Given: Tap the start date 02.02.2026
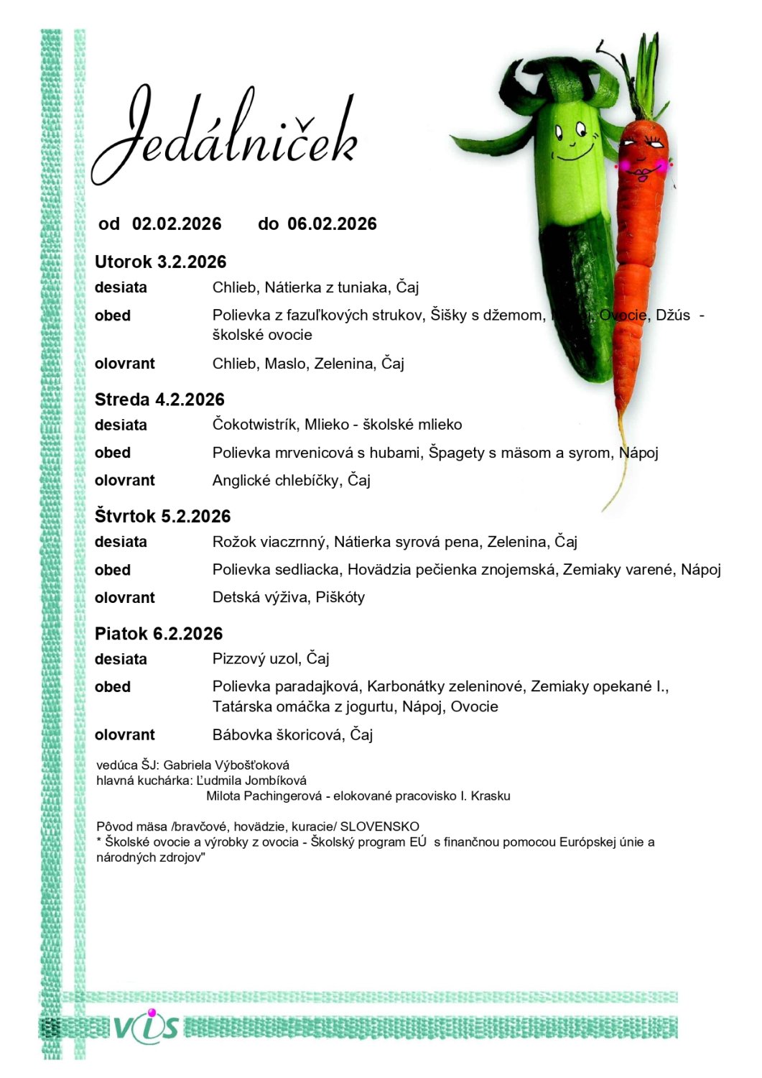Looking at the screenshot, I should point(177,224).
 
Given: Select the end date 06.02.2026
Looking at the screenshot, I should point(332,224).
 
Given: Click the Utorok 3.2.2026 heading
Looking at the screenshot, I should point(160,262).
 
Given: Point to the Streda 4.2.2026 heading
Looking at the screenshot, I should point(159,400).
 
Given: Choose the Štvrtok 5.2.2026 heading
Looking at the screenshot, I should point(162,516).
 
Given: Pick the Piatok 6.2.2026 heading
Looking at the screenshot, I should point(159,633).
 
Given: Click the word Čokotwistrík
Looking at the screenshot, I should point(254,425).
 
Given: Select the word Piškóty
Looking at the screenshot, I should point(340,597).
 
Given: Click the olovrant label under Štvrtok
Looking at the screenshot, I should point(125,598).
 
